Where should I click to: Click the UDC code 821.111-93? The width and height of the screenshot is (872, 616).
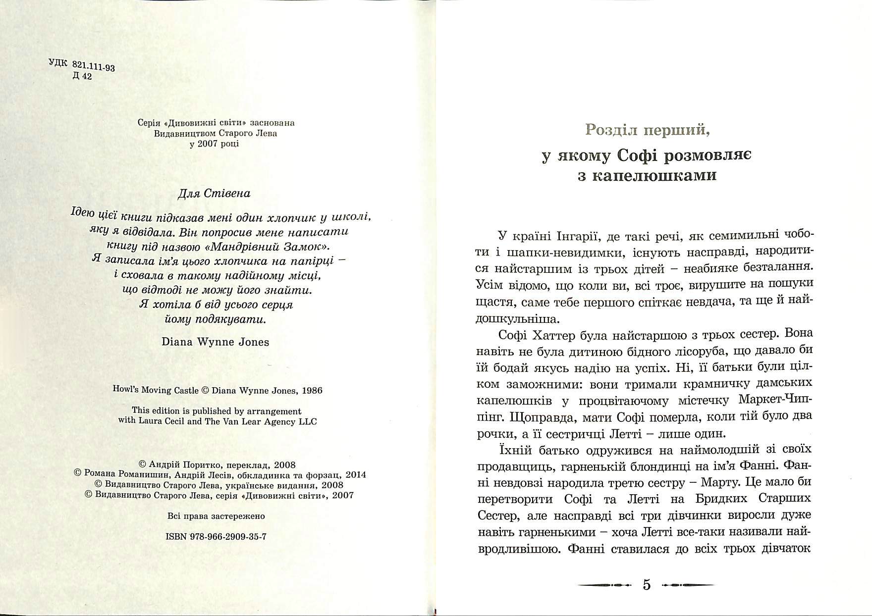[94, 66]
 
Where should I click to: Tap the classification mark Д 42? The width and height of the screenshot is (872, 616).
[82, 77]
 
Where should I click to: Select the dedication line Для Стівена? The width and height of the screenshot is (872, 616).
[214, 194]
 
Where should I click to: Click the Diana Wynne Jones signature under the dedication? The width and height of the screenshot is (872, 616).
[216, 342]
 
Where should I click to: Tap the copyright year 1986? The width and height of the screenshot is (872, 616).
[311, 390]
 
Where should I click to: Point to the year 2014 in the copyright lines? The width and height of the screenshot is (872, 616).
[356, 474]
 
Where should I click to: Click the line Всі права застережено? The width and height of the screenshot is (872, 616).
[216, 516]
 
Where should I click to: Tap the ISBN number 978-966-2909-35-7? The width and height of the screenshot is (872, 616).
[228, 536]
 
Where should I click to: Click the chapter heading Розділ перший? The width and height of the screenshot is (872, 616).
[647, 130]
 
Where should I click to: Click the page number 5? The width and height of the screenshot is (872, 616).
[647, 585]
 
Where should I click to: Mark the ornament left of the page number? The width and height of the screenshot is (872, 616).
[605, 585]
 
